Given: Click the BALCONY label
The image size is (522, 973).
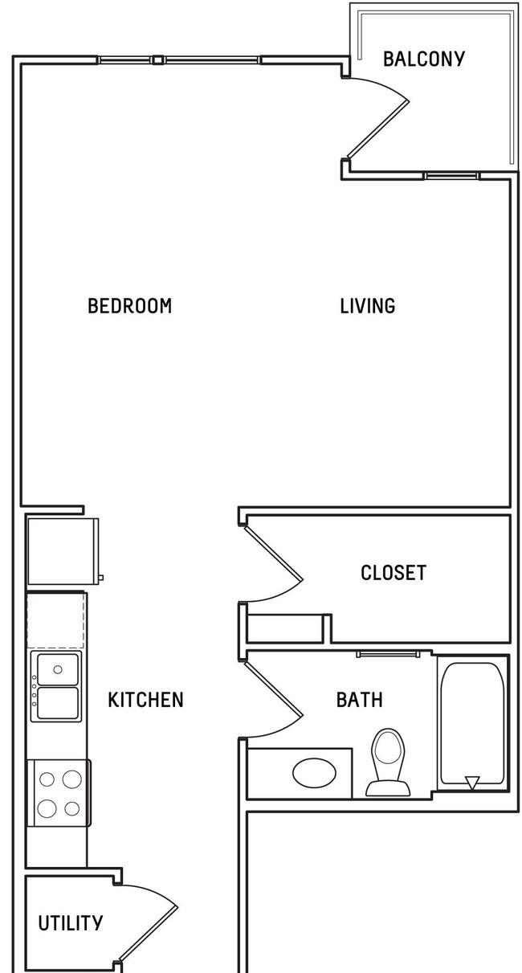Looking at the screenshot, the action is [x=424, y=59].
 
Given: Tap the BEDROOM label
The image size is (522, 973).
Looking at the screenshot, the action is [x=130, y=306].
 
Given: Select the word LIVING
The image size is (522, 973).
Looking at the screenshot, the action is [x=367, y=306].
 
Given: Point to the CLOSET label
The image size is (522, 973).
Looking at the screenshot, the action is [x=394, y=573].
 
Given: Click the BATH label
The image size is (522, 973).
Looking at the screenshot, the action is [x=360, y=700].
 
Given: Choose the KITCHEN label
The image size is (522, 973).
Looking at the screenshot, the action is [x=146, y=700].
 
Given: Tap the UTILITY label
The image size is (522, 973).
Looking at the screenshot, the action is [x=71, y=923].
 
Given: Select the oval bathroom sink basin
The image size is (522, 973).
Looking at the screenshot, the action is [x=315, y=773].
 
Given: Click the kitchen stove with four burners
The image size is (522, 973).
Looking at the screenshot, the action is [x=59, y=793].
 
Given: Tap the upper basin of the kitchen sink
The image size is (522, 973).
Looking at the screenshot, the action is [x=58, y=669].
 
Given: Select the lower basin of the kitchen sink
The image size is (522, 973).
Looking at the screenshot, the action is [x=58, y=703].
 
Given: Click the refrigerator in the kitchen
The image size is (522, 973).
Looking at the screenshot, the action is [x=63, y=551].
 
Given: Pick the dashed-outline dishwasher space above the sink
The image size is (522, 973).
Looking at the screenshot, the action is [x=55, y=620].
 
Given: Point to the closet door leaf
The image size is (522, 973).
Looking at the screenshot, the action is [x=274, y=553].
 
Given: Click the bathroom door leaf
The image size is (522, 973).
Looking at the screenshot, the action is [x=274, y=688].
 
